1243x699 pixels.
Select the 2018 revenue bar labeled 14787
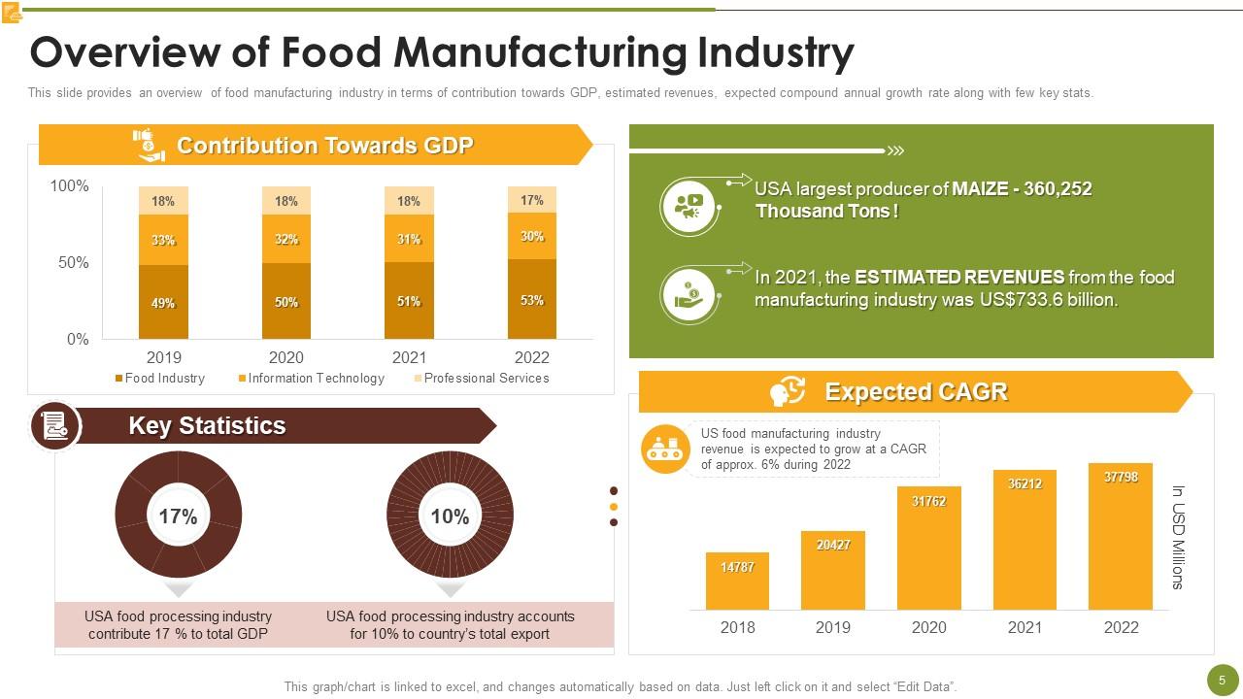[737, 581]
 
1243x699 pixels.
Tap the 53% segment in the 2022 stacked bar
[531, 299]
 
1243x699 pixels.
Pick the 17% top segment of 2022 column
[531, 199]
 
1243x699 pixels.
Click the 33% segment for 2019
[163, 240]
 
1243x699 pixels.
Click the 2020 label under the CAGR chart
[928, 627]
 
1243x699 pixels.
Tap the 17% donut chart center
[178, 516]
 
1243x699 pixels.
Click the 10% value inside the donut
[450, 516]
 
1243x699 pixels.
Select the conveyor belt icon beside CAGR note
[665, 449]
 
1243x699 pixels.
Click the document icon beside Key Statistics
[54, 426]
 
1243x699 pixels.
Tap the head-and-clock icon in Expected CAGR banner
[788, 391]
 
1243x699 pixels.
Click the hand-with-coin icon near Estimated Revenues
[688, 293]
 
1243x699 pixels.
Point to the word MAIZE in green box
[983, 188]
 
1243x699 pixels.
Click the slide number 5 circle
[1222, 680]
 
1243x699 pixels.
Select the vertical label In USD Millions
[1178, 537]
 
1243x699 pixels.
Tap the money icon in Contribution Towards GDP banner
[149, 146]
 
